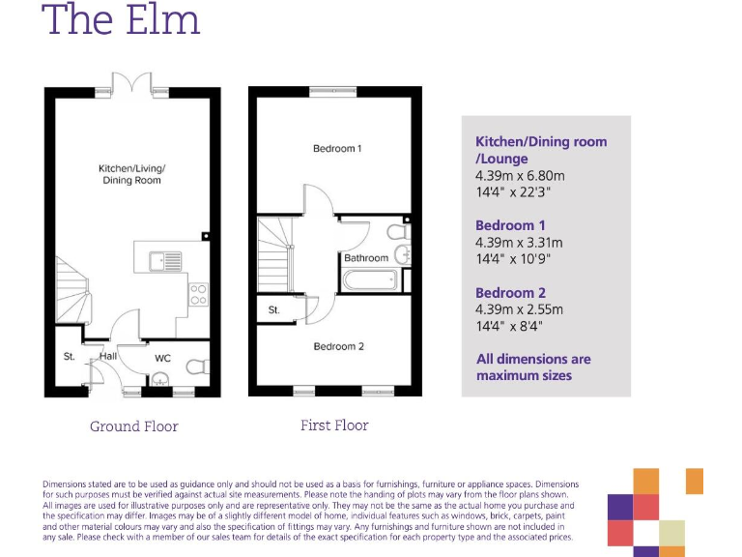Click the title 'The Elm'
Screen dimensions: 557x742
click(121, 19)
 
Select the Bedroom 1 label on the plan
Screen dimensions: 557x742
click(337, 149)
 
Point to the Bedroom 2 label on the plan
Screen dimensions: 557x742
click(337, 346)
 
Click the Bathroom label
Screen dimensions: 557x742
click(366, 258)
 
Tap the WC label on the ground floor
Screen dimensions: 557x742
click(162, 358)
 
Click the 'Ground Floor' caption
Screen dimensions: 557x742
click(133, 426)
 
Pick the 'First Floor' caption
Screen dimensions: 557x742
click(334, 425)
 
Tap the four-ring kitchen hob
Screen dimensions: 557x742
click(199, 294)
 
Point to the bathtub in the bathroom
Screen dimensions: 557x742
click(369, 280)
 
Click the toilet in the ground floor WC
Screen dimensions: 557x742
click(196, 366)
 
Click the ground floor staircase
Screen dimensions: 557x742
click(72, 284)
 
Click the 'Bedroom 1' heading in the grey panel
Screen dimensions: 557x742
click(504, 225)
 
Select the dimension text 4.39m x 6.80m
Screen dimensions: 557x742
click(519, 175)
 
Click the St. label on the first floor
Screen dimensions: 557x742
click(274, 310)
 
